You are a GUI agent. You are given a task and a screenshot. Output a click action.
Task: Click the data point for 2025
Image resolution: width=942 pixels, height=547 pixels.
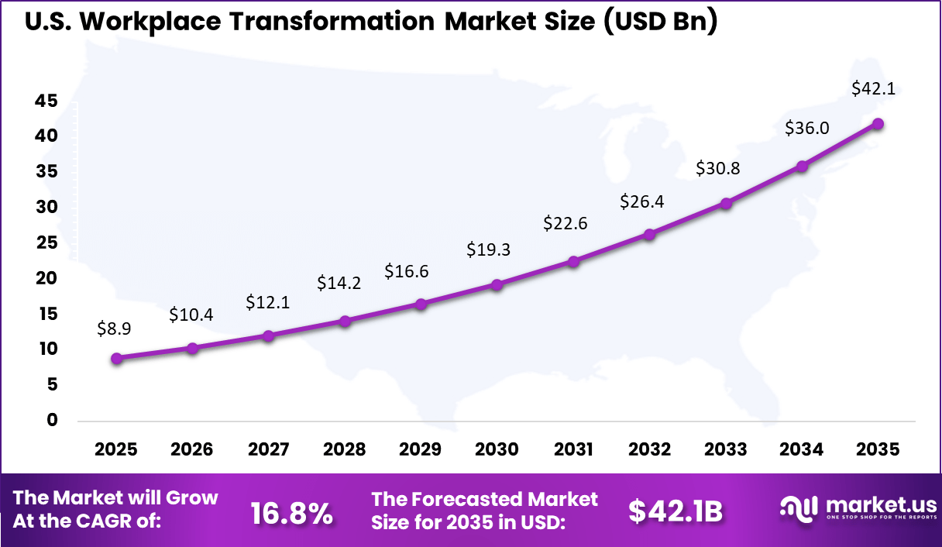(116, 358)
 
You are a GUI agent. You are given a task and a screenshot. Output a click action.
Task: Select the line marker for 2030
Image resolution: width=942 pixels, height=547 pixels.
(497, 284)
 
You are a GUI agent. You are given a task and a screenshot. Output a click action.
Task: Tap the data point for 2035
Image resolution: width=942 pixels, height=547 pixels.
(878, 123)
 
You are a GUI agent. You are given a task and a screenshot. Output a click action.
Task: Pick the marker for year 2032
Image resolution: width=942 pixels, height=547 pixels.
(649, 234)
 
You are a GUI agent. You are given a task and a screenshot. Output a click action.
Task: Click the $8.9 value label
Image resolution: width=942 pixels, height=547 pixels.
(114, 329)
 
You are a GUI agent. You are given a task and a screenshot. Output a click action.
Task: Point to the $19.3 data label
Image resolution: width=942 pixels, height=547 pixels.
(488, 249)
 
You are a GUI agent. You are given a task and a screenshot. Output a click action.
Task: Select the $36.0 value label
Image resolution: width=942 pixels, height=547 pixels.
(806, 128)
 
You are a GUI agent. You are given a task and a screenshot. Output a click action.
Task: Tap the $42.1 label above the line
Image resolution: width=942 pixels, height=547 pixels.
(873, 88)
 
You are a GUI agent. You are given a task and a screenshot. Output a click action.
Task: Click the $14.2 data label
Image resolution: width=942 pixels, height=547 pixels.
(339, 283)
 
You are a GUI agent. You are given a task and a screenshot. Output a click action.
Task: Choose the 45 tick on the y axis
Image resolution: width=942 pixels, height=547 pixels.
(46, 101)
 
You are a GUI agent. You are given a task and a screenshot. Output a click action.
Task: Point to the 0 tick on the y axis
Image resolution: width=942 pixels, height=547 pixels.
(52, 420)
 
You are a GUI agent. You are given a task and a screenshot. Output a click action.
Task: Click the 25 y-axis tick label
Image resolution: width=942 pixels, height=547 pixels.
(46, 243)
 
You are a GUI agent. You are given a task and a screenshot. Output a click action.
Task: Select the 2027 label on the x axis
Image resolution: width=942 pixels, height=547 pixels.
(268, 449)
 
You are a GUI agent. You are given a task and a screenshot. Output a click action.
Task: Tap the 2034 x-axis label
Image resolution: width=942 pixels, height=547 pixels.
(802, 449)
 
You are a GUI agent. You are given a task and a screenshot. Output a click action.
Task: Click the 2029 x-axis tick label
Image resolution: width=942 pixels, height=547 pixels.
(421, 449)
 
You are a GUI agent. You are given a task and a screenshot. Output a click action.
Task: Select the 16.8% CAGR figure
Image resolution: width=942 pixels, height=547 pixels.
(292, 511)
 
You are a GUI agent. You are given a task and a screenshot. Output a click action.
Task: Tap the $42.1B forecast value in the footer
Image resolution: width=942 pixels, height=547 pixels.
(676, 511)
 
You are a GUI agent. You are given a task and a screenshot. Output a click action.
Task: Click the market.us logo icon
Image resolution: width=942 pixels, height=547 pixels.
(799, 508)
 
